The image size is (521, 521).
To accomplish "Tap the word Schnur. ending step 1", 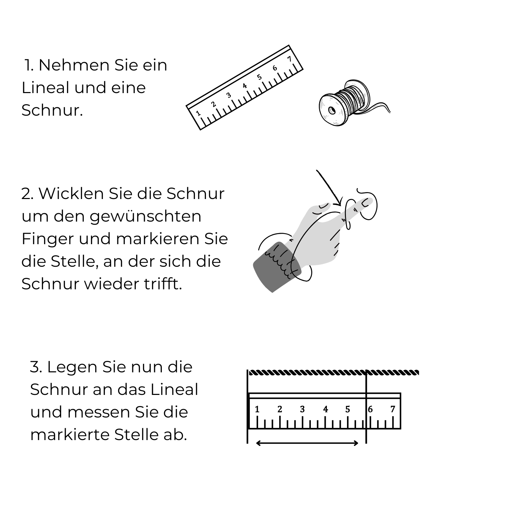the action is [x=52, y=110].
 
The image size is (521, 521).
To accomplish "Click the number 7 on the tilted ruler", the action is [x=290, y=59].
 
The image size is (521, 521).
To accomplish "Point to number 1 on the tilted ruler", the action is [x=198, y=113].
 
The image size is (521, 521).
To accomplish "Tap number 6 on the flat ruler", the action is [x=370, y=410].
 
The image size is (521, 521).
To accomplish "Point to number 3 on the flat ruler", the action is [x=302, y=410].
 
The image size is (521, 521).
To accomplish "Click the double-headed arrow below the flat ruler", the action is [x=307, y=443].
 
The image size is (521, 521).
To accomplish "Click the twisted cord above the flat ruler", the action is [x=333, y=373].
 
